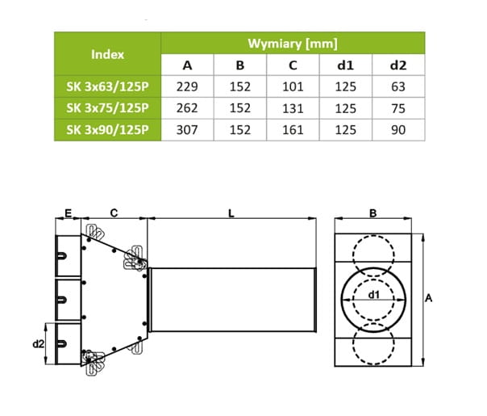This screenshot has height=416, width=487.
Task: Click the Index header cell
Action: tap(107, 54)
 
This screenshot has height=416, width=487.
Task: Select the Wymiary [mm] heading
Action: tap(293, 44)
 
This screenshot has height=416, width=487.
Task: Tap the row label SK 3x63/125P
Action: tap(107, 86)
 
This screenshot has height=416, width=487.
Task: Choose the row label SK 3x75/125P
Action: tap(107, 108)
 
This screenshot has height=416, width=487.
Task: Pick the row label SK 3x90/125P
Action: tap(107, 130)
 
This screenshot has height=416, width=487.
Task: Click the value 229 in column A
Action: tap(187, 86)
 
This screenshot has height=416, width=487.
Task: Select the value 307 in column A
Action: tap(187, 130)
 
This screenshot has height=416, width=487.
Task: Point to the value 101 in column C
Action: tap(293, 86)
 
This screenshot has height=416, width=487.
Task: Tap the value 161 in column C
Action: tap(293, 130)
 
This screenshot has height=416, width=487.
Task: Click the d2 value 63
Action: tap(398, 86)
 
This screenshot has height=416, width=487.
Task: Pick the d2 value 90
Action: tap(398, 130)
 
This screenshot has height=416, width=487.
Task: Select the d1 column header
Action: tap(345, 65)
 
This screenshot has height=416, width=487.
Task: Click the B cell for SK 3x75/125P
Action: tap(240, 108)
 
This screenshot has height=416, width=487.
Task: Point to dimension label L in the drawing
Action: tap(231, 213)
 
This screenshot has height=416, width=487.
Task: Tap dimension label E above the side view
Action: tap(68, 213)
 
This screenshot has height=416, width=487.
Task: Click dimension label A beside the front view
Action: tap(429, 298)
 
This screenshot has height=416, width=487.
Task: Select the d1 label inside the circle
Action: tap(373, 294)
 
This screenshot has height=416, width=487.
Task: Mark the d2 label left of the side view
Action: tap(39, 344)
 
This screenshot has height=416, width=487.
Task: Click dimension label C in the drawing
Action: tap(114, 213)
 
